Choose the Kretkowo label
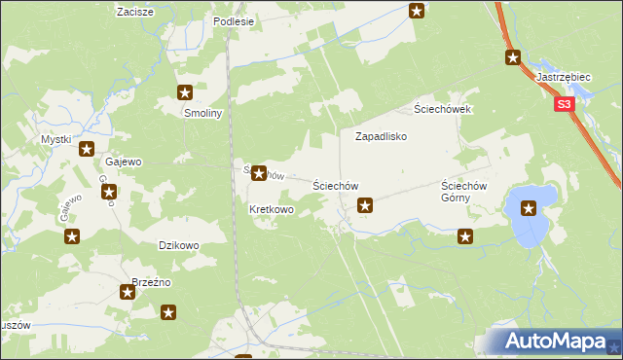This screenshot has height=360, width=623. (x=272, y=210)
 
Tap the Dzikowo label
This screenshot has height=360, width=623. (x=178, y=246)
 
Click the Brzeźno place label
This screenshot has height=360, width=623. (x=151, y=282)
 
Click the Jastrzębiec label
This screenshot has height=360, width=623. (x=565, y=76)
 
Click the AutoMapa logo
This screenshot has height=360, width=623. (x=560, y=342)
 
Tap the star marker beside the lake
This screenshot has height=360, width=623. (x=529, y=207)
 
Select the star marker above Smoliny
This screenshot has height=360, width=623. (x=185, y=93)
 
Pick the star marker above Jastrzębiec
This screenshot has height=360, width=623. (x=513, y=57)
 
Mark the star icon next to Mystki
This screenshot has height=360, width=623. (x=87, y=150)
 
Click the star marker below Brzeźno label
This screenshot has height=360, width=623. (x=127, y=292)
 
